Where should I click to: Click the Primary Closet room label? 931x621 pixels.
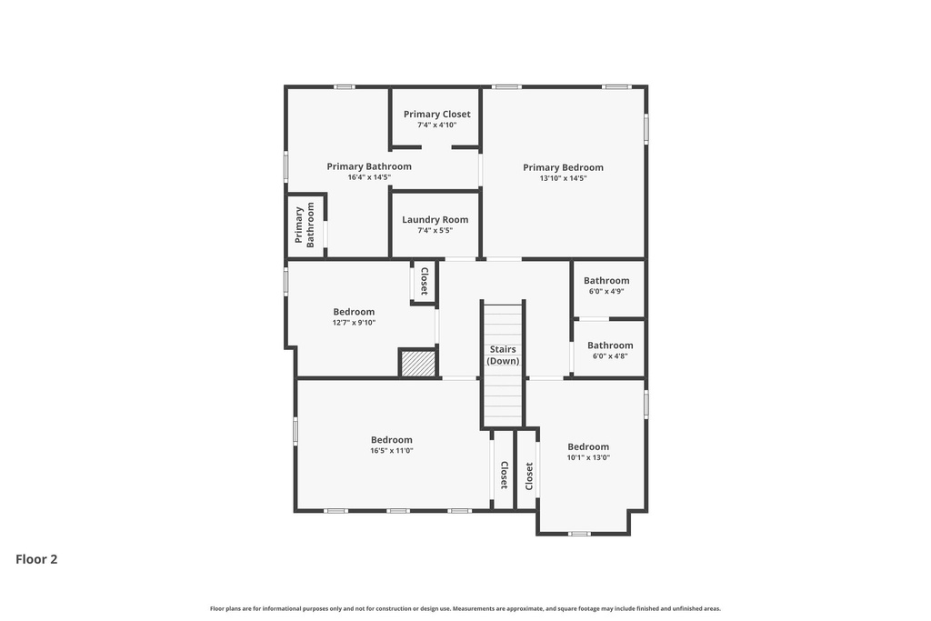coord(437,115)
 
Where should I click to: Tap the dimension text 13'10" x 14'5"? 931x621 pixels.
coord(563,178)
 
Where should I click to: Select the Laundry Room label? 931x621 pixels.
coord(435,219)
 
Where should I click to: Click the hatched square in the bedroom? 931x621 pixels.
coord(418,363)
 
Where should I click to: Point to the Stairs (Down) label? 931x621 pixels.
coord(503,355)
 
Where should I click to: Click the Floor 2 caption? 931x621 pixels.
coord(36,559)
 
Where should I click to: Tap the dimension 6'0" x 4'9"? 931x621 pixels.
coord(606,292)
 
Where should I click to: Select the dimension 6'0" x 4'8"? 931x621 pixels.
coord(610,356)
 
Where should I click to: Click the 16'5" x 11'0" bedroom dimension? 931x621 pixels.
coord(392,451)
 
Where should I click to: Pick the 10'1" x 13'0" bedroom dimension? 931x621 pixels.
coord(588,458)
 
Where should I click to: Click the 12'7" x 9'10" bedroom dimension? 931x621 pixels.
coord(354,323)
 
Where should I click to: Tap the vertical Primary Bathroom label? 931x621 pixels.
coord(305,225)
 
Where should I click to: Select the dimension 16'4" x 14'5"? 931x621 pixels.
coord(369,177)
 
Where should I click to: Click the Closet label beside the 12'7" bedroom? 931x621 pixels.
coord(424,282)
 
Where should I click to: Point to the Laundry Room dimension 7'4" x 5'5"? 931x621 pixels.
coord(435,231)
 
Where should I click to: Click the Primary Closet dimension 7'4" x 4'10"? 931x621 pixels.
coord(437,125)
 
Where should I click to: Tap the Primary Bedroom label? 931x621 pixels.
coord(563,167)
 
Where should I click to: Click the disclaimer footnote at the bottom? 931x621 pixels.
coord(465,608)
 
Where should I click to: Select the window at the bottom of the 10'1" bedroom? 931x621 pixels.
coord(579,534)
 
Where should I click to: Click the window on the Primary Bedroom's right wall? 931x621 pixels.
coord(646,128)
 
